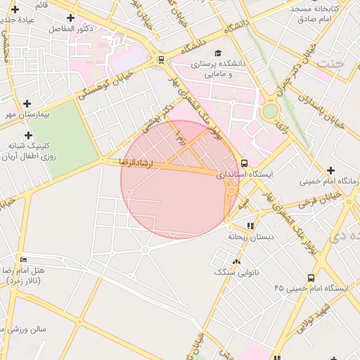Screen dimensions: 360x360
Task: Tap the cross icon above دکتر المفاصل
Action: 70,17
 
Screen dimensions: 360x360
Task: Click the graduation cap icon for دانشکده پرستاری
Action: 218,53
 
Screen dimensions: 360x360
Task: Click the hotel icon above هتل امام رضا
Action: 24,259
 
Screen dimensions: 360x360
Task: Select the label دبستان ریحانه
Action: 250,237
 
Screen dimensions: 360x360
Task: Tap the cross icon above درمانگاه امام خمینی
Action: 330,170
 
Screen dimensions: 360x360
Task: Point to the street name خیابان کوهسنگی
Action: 105,83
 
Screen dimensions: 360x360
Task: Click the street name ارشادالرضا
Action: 136,162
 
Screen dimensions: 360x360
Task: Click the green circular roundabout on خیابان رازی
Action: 270,111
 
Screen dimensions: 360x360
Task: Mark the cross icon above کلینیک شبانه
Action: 28,135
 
